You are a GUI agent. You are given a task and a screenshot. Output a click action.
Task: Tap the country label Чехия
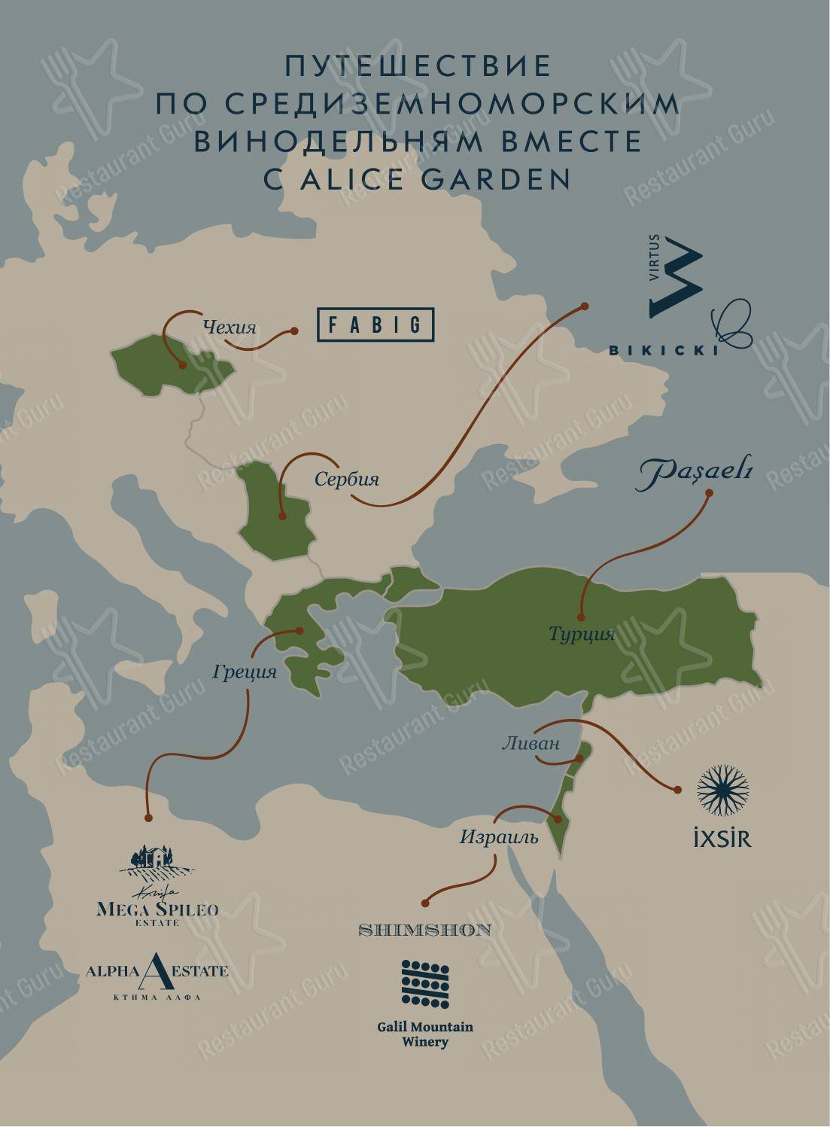[230, 327]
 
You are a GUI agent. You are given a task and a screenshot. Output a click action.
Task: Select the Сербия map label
[346, 479]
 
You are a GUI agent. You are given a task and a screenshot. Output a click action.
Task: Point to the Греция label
[245, 671]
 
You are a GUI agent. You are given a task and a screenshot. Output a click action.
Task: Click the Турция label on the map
[582, 635]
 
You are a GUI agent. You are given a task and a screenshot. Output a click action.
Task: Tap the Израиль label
[499, 836]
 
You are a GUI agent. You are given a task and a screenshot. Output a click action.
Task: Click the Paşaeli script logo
[696, 475]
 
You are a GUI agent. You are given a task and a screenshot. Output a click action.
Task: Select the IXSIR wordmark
[722, 838]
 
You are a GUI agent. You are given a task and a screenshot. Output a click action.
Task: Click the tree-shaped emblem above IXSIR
[722, 791]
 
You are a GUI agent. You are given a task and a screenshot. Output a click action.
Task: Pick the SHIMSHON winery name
[425, 930]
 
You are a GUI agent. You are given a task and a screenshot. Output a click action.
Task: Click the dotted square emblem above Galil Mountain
[425, 985]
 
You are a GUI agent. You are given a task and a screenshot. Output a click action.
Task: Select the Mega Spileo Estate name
[158, 909]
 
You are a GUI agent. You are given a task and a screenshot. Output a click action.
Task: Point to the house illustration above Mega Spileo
[158, 860]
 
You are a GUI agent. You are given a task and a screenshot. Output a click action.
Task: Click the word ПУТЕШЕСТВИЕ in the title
[418, 66]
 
